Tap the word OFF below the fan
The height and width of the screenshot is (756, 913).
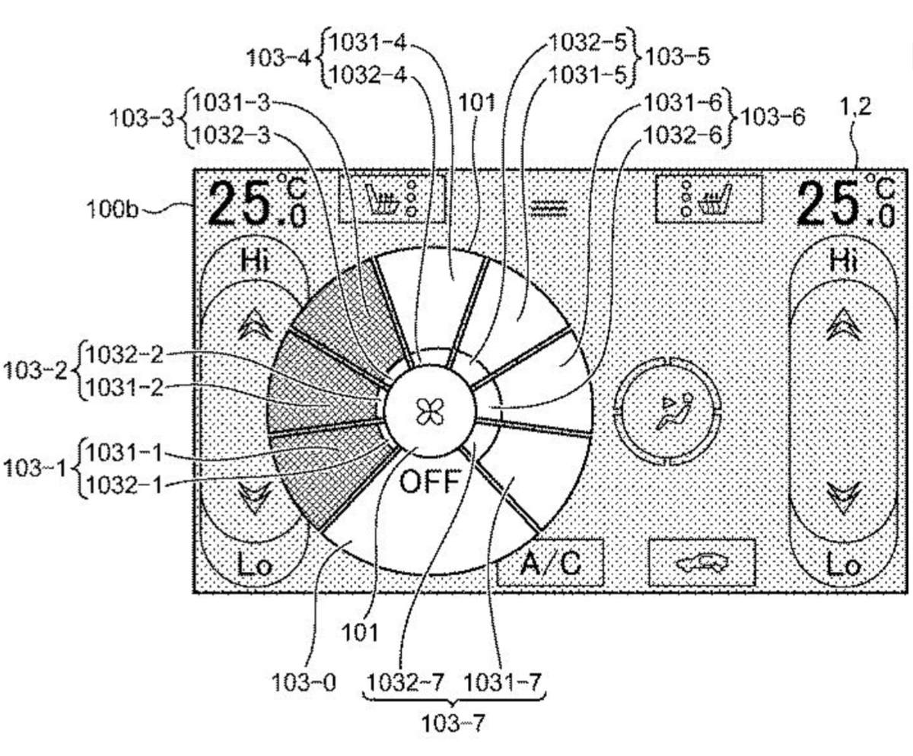pyautogui.click(x=431, y=481)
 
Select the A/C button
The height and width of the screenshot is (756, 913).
pyautogui.click(x=551, y=563)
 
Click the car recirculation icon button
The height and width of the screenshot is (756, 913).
pyautogui.click(x=702, y=563)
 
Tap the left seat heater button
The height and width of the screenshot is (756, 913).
pyautogui.click(x=393, y=199)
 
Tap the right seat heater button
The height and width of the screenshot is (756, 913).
pyautogui.click(x=709, y=199)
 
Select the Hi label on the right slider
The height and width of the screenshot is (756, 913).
pyautogui.click(x=844, y=261)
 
